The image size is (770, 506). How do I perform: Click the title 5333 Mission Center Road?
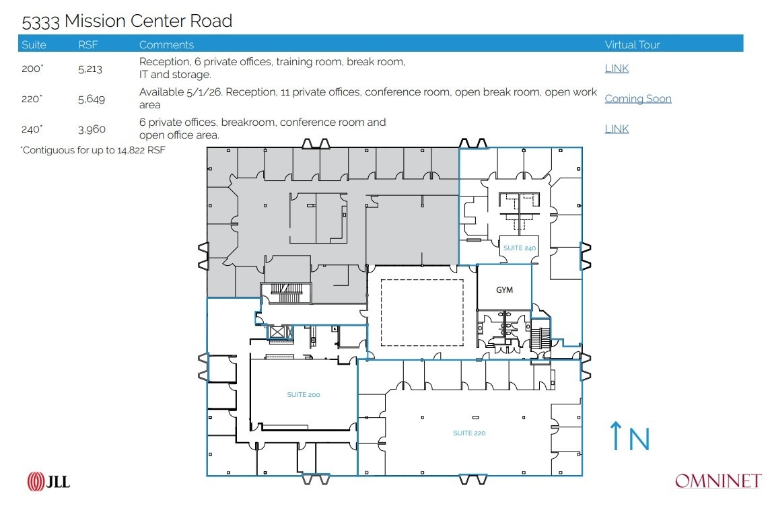(x=127, y=22)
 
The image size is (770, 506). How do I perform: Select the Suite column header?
(x=34, y=44)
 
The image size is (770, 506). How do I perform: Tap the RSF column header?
(x=88, y=44)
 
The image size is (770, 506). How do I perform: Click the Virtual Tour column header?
(x=632, y=44)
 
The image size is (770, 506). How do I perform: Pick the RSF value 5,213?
(x=90, y=69)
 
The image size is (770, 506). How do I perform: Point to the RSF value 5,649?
(x=92, y=99)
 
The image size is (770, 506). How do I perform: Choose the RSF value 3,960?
(x=92, y=129)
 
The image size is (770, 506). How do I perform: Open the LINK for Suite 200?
(x=617, y=69)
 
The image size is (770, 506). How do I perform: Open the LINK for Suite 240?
(x=617, y=129)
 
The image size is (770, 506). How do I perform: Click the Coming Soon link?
(x=638, y=99)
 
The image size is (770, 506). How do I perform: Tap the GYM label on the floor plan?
(x=504, y=290)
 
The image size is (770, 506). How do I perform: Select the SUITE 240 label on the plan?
(x=520, y=248)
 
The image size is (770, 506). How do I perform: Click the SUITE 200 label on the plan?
(x=304, y=395)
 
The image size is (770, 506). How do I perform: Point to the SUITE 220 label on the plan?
(x=469, y=433)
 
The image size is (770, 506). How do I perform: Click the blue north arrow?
(x=616, y=436)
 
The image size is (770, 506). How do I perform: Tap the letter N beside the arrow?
(x=639, y=438)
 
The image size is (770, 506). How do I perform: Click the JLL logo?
(x=48, y=481)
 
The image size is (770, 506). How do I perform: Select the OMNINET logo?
(x=717, y=481)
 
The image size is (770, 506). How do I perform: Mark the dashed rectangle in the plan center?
(x=422, y=312)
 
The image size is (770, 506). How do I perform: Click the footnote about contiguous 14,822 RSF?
(x=93, y=151)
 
